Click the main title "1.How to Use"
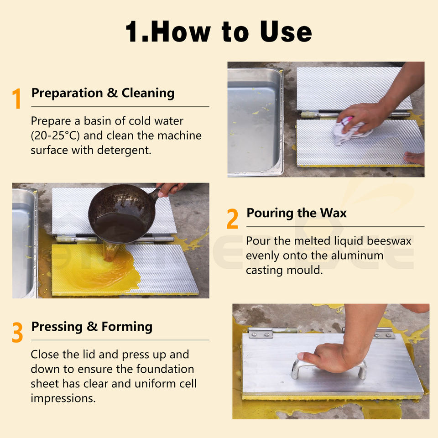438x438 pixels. [219, 31]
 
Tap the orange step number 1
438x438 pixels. [17, 98]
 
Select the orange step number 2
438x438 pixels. [232, 219]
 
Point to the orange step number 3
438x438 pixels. [17, 332]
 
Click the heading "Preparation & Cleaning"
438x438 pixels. [103, 93]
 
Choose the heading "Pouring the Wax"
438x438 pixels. [297, 213]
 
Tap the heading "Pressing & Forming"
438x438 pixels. [92, 327]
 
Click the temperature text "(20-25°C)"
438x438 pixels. [55, 136]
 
